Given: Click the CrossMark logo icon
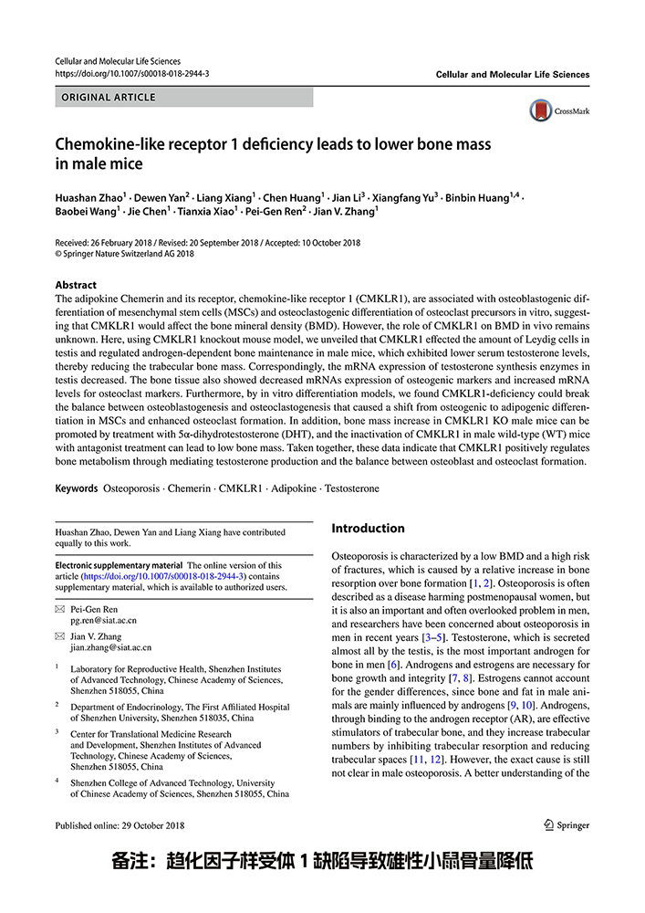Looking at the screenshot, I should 542,111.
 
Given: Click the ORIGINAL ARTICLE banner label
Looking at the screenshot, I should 109,97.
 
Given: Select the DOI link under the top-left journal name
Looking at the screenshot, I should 132,73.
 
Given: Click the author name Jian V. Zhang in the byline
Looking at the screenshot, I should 345,212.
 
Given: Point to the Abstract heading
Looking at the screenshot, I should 76,285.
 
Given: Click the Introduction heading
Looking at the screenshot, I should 368,529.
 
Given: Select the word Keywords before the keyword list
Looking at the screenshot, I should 76,488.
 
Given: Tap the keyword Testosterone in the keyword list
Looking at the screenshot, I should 351,488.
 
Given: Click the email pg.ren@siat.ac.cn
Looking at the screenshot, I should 104,620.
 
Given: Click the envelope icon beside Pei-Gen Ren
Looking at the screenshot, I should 60,609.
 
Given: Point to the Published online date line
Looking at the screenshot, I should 120,825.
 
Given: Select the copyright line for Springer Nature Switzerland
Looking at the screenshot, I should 125,254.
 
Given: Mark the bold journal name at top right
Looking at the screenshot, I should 513,74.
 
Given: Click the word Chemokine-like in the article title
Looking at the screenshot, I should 110,144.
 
